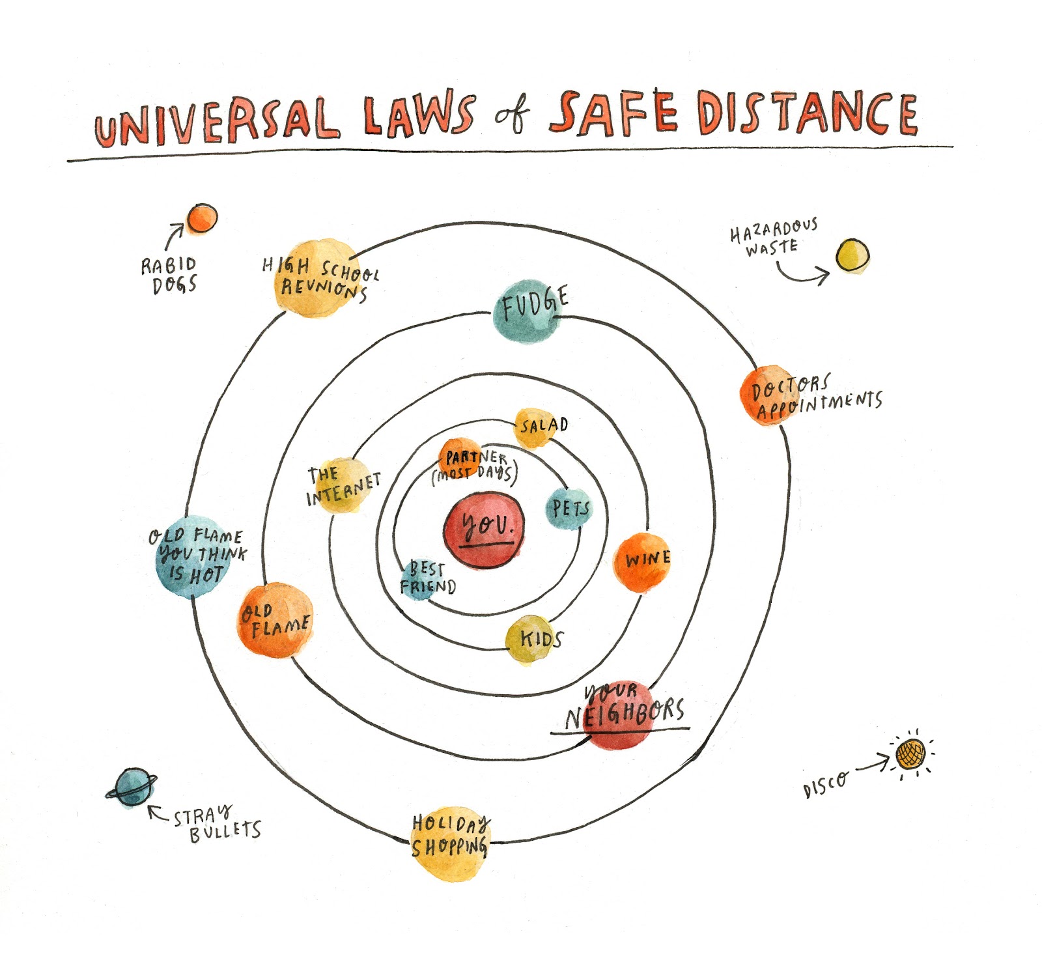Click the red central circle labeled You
point(484,529)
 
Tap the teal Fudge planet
point(527,311)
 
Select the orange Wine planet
point(641,562)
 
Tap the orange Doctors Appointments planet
point(770,395)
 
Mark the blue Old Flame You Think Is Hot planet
point(190,556)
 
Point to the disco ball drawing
point(910,755)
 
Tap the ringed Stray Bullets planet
point(132,787)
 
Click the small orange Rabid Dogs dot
point(202,219)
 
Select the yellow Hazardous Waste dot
point(852,255)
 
